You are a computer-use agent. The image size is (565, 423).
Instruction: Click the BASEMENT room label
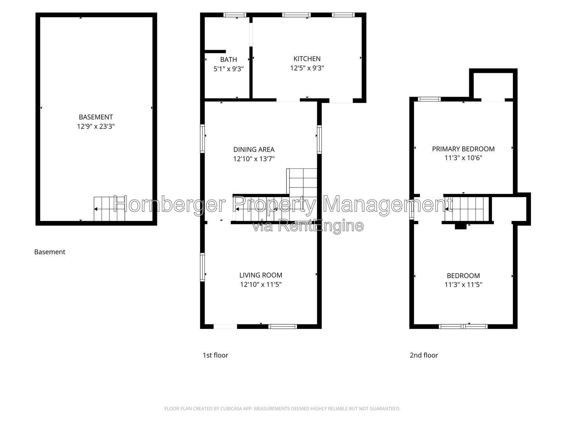(x=96, y=117)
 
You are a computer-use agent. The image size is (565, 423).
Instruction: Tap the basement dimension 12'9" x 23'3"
(x=96, y=127)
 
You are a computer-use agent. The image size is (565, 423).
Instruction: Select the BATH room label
(x=229, y=60)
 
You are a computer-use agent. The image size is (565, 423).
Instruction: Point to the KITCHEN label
(x=307, y=59)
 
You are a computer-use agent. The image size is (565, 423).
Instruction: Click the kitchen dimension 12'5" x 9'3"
(x=307, y=68)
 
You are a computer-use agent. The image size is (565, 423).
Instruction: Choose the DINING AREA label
(x=254, y=150)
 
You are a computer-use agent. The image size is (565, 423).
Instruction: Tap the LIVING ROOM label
(x=261, y=275)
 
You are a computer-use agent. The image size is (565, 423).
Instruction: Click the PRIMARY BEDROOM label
(x=463, y=149)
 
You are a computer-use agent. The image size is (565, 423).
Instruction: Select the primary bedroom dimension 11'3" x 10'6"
(x=463, y=158)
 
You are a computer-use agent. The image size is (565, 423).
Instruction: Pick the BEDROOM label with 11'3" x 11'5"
(x=463, y=276)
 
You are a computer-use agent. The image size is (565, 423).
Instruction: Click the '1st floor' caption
(x=215, y=355)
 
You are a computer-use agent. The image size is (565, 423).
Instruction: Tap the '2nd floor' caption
(x=424, y=355)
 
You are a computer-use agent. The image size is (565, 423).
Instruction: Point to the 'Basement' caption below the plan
(x=50, y=252)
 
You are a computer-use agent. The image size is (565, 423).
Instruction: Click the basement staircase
(x=109, y=209)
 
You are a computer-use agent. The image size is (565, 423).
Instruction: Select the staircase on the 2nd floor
(x=467, y=209)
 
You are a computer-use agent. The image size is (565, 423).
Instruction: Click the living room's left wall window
(x=202, y=267)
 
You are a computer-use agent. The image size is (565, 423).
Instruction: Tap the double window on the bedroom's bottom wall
(x=463, y=327)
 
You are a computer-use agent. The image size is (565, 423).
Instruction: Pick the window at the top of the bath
(x=235, y=15)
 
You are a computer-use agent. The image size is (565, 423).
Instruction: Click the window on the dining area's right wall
(x=319, y=139)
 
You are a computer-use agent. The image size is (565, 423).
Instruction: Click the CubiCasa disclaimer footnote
(x=282, y=409)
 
